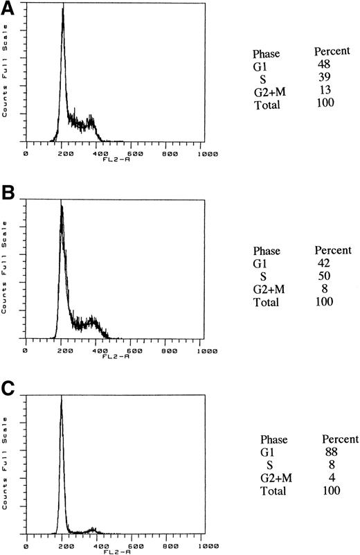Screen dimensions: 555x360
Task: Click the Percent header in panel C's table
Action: pyautogui.click(x=340, y=439)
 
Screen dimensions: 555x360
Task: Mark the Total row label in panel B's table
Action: pyautogui.click(x=267, y=302)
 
